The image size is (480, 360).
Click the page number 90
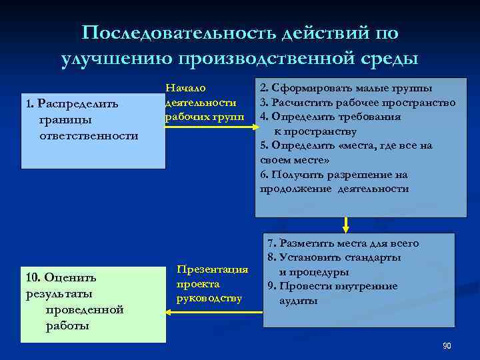(446, 345)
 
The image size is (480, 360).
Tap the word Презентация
(212, 269)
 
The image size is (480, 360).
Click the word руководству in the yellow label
(209, 297)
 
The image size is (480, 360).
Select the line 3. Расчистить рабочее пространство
(357, 102)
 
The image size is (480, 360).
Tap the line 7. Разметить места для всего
(343, 243)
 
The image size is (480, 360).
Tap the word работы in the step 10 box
(65, 326)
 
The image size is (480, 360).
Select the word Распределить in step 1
(78, 103)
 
